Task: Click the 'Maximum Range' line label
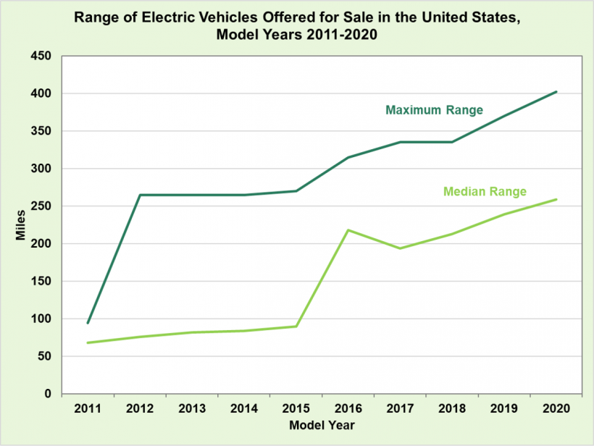pos(434,111)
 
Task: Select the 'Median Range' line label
pos(485,192)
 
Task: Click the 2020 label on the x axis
pos(556,409)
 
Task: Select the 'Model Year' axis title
pos(322,425)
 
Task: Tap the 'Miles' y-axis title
pos(22,224)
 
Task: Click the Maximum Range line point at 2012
pos(141,195)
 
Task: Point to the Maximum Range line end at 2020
pos(556,92)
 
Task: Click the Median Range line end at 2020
pos(556,199)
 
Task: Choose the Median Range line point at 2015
pos(296,326)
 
